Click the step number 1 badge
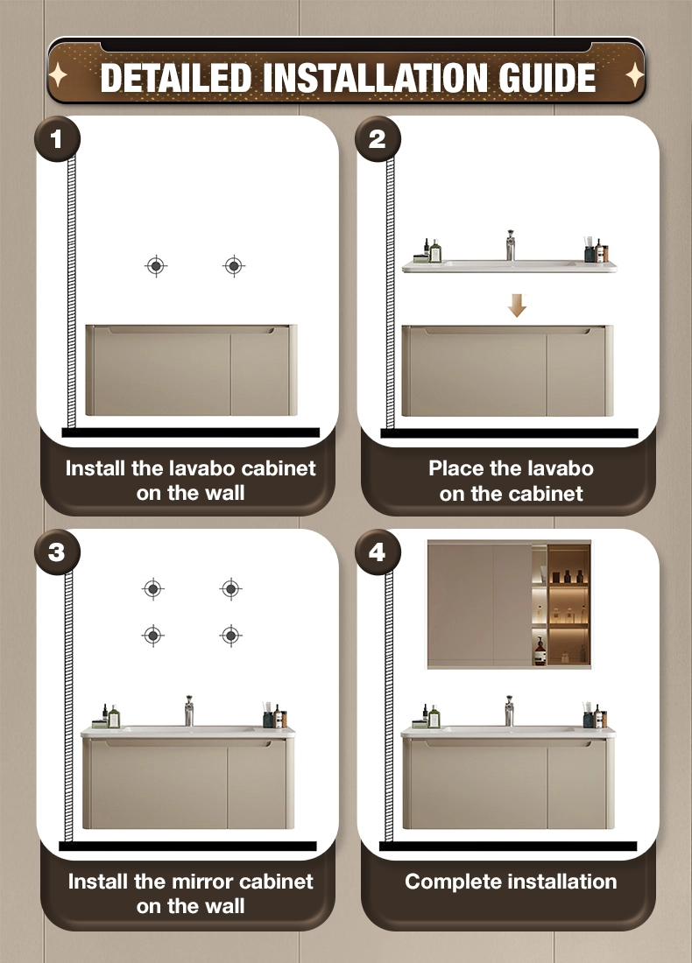57,139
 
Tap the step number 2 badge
378,139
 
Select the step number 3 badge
57,552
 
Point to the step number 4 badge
378,552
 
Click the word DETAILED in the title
176,78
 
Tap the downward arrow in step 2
517,306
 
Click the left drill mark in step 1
156,266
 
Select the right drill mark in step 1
234,266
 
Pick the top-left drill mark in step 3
153,589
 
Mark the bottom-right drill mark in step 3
230,635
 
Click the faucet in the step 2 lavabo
510,245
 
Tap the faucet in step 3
189,711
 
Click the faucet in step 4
509,711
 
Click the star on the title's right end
634,75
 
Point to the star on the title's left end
59,75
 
